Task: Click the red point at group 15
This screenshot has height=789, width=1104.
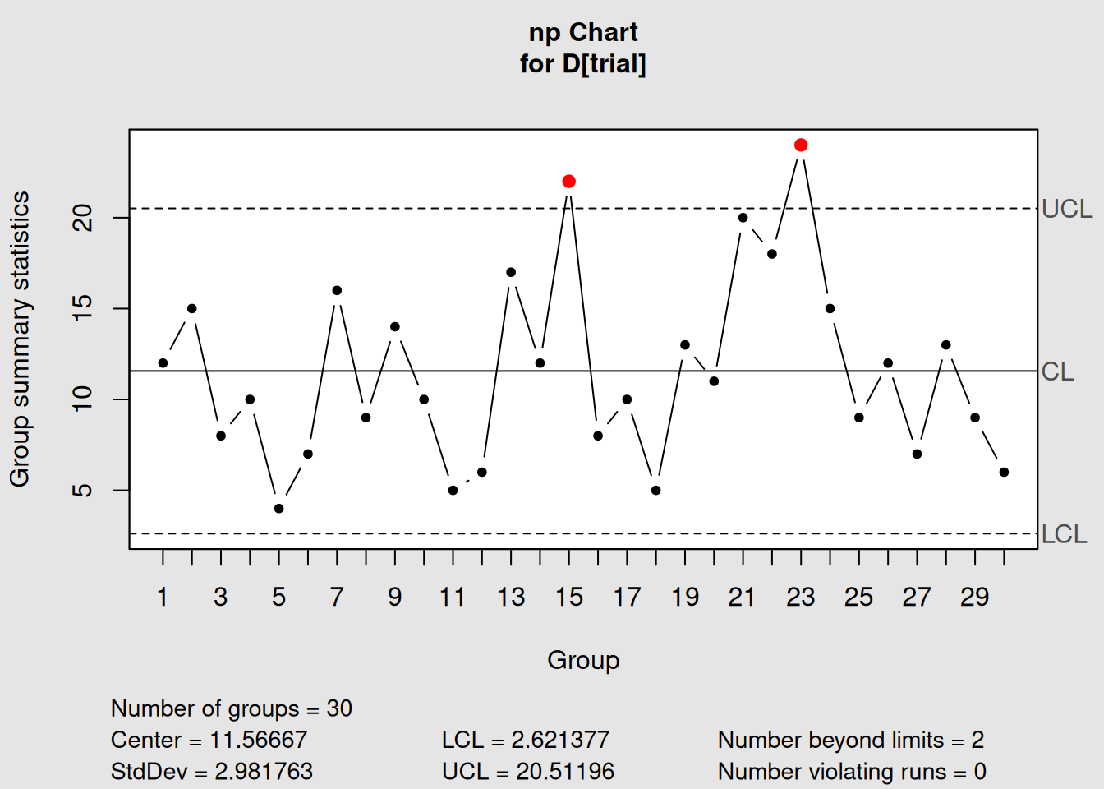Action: pos(569,182)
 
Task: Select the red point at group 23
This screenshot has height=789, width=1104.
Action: pos(801,145)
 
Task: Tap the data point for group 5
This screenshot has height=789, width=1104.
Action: pos(279,509)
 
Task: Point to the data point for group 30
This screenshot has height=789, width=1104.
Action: pos(1004,473)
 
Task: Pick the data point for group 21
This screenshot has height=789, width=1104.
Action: pos(743,218)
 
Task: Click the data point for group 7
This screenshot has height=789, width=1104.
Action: pos(337,291)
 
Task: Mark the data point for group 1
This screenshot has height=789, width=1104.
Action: pos(163,363)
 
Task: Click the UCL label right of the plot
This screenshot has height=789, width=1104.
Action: pos(1066,210)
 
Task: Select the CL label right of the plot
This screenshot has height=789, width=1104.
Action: pos(1057,372)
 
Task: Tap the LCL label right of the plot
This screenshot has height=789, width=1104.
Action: pos(1064,535)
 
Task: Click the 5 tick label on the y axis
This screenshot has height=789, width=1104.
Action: pos(83,491)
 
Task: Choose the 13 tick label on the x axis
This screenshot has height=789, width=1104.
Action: pos(511,598)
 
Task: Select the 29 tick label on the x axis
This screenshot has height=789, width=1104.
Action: pos(975,598)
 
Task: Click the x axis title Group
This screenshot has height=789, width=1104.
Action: pos(583,660)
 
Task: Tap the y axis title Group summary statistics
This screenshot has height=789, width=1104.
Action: pos(20,339)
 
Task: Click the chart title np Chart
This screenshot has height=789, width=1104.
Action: pos(583,33)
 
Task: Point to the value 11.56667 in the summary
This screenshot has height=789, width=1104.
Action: pos(258,741)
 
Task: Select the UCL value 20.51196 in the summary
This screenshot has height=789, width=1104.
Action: pos(565,772)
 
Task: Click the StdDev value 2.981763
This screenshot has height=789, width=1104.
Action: pos(264,772)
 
